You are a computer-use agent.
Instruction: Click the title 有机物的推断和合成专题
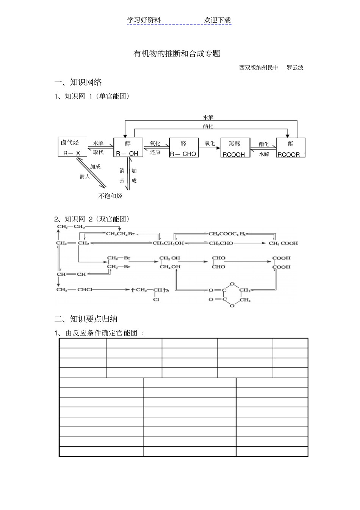[x=177, y=54]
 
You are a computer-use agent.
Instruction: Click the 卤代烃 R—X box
[x=72, y=147]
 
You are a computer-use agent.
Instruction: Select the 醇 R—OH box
[x=128, y=148]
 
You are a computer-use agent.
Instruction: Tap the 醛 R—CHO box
[x=184, y=148]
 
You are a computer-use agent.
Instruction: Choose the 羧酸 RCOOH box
[x=235, y=148]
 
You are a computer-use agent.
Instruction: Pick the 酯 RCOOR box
[x=290, y=148]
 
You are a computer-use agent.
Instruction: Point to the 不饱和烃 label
[x=110, y=196]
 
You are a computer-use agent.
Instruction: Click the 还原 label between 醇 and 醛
[x=155, y=152]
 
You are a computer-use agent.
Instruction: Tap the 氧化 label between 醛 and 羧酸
[x=210, y=143]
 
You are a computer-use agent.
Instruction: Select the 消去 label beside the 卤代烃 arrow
[x=85, y=176]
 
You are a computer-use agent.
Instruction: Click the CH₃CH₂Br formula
[x=120, y=234]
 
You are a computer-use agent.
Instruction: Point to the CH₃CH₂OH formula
[x=168, y=243]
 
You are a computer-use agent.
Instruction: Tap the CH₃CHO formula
[x=221, y=243]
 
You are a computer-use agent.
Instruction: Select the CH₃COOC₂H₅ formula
[x=227, y=234]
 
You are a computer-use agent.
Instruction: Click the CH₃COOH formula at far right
[x=283, y=243]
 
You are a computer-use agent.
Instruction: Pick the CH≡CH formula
[x=71, y=274]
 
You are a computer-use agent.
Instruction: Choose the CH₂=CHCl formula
[x=74, y=290]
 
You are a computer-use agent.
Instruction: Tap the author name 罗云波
[x=295, y=67]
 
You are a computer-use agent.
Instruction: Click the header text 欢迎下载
[x=217, y=20]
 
